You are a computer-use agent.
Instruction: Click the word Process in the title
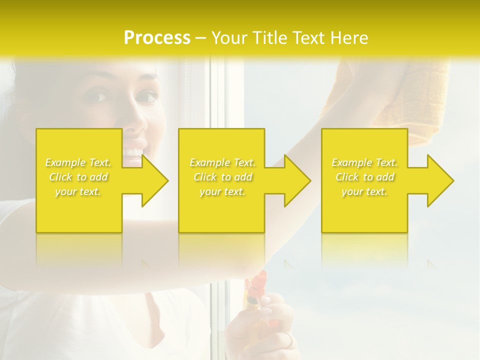tap(157, 38)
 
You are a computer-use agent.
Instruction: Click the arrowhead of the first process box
tap(155, 180)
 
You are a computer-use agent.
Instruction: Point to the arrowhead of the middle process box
tap(297, 180)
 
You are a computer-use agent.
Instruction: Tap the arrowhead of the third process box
tap(440, 180)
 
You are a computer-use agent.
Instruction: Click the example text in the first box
tap(78, 177)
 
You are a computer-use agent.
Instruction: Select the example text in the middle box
tap(222, 177)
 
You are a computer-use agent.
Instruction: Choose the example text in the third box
tap(364, 177)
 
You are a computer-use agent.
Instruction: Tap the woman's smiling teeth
tap(133, 150)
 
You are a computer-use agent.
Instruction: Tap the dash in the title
tap(201, 38)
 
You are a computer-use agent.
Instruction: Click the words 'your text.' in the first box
tap(78, 191)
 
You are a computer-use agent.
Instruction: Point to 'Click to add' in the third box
tap(364, 177)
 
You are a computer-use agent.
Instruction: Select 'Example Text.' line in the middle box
tap(222, 162)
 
